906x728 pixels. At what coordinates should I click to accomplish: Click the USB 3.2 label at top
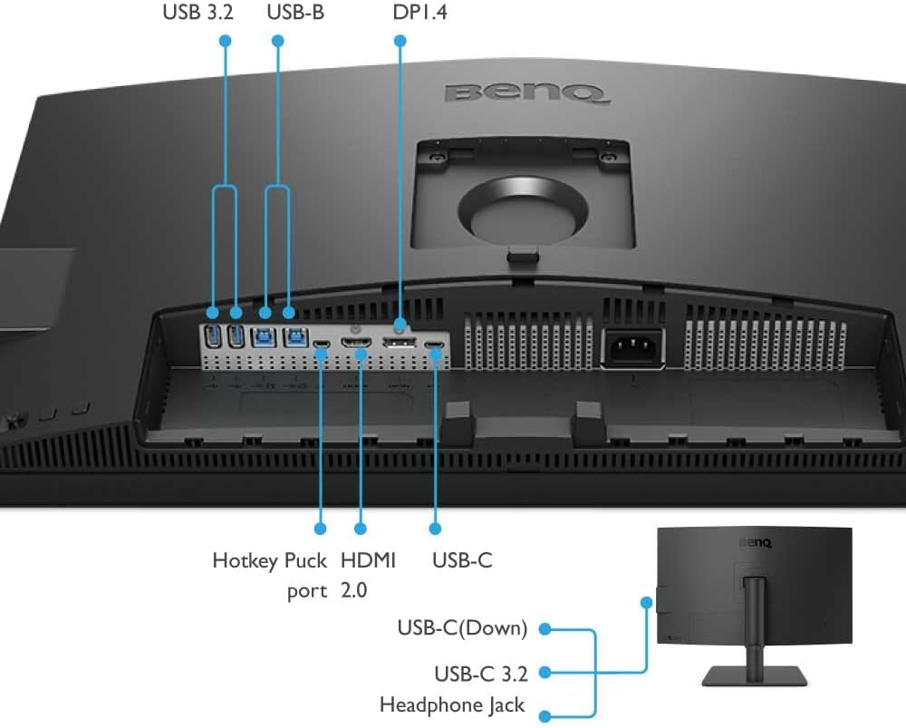pyautogui.click(x=198, y=14)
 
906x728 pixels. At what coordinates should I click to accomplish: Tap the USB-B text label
pyautogui.click(x=294, y=14)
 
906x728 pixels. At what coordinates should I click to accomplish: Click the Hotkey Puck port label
pyautogui.click(x=269, y=575)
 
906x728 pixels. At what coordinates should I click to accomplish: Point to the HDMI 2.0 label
pyautogui.click(x=368, y=575)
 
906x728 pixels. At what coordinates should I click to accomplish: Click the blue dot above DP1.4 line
pyautogui.click(x=399, y=41)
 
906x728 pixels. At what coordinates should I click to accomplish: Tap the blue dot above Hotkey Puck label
pyautogui.click(x=320, y=527)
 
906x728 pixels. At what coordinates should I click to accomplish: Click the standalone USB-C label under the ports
pyautogui.click(x=462, y=560)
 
